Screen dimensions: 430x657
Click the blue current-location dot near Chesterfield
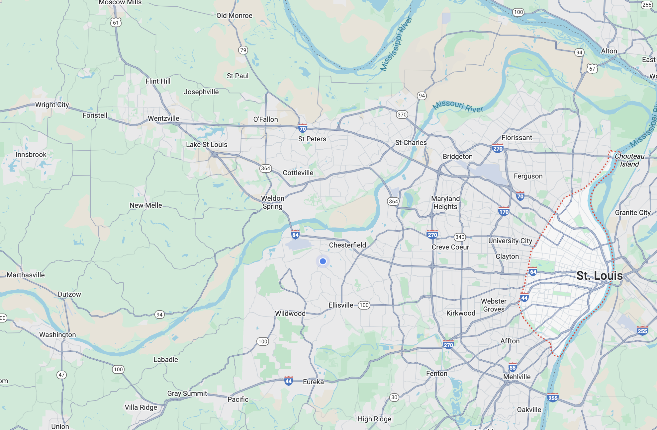click(x=323, y=261)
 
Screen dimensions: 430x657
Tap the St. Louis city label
click(x=599, y=276)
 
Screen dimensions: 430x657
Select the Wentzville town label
click(x=163, y=118)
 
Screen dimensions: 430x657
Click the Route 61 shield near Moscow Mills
click(x=116, y=23)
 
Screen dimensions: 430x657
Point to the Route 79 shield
click(x=243, y=50)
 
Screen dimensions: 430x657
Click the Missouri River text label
click(x=458, y=106)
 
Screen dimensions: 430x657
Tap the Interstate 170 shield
click(x=504, y=211)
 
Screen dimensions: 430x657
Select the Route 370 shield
click(x=402, y=114)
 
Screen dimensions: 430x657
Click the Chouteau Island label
click(x=629, y=160)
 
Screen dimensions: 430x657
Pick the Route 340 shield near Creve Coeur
click(x=460, y=237)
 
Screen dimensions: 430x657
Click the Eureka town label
click(x=313, y=382)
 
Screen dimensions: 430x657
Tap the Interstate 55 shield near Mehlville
click(x=513, y=367)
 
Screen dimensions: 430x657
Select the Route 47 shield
click(x=61, y=375)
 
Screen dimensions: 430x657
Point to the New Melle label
click(x=145, y=205)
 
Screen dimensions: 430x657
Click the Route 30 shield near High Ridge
click(x=394, y=397)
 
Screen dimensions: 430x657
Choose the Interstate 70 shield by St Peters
click(x=302, y=128)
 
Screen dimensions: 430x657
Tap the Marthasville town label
click(x=26, y=275)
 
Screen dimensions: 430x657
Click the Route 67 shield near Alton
click(x=592, y=69)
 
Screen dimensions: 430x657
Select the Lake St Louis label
click(x=206, y=145)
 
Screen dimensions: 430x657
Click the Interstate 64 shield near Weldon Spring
click(x=295, y=235)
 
